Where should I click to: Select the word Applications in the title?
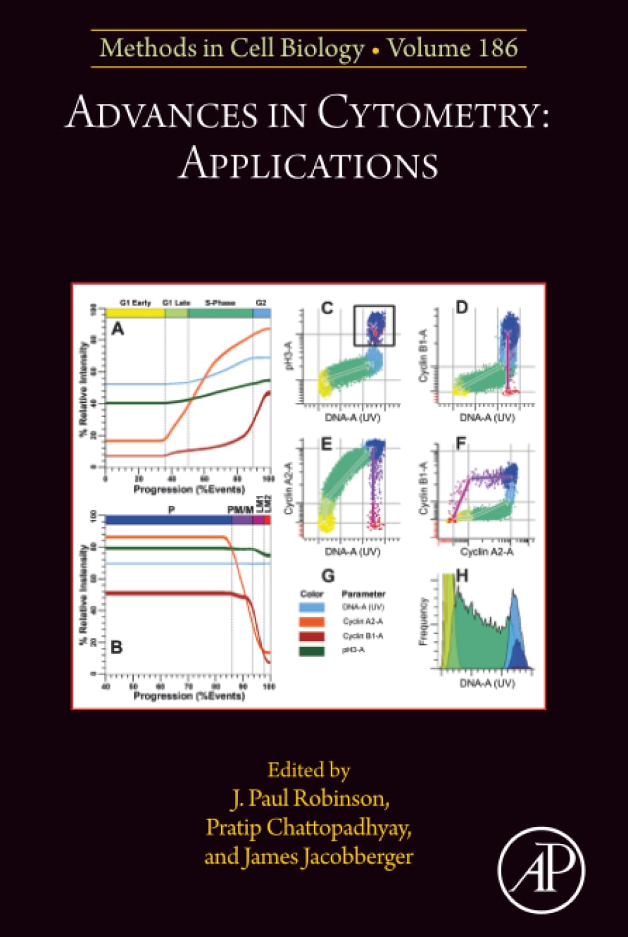click(x=308, y=165)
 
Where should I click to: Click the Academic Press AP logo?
click(x=541, y=870)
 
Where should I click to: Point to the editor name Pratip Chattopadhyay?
click(x=308, y=827)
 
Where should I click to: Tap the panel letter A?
click(x=117, y=329)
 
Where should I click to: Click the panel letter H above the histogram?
click(x=462, y=576)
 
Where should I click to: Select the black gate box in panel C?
click(x=374, y=326)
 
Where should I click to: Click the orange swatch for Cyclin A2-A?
click(x=312, y=622)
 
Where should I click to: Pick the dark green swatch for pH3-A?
click(x=312, y=650)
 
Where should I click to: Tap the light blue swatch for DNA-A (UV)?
click(x=312, y=607)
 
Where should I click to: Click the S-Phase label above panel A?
click(x=220, y=303)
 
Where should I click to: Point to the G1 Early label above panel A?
click(x=135, y=303)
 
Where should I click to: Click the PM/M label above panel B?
click(x=240, y=510)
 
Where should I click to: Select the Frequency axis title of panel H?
click(x=423, y=621)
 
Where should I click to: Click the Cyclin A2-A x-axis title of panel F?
click(x=487, y=552)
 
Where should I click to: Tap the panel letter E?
click(x=326, y=445)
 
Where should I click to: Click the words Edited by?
click(x=308, y=770)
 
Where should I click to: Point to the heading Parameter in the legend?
click(x=363, y=594)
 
